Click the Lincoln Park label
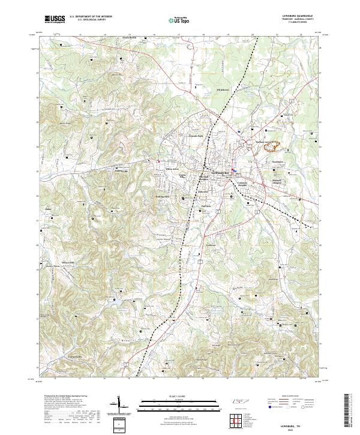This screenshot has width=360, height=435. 197,135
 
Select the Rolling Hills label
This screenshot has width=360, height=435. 163,196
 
